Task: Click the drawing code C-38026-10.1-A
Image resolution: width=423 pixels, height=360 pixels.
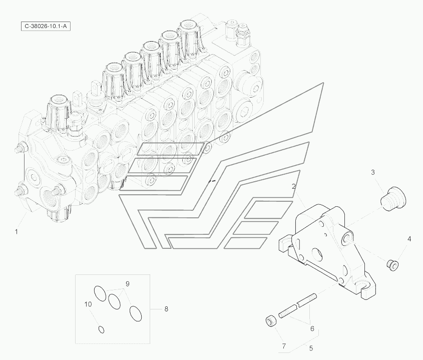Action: tap(44, 26)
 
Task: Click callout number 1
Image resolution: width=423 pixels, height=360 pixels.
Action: tap(17, 232)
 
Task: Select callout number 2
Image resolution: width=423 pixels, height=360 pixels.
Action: tap(294, 186)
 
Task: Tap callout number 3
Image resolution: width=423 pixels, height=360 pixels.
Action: tap(373, 173)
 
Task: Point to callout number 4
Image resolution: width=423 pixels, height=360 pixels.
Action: tap(408, 239)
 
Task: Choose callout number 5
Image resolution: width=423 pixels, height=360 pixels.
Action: tap(311, 348)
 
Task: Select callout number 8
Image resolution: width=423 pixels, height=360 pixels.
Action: tap(166, 309)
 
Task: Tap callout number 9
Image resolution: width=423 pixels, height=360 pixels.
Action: tap(128, 284)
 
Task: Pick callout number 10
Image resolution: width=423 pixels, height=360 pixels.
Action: tap(88, 304)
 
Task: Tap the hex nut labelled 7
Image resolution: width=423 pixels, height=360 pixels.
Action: tap(271, 320)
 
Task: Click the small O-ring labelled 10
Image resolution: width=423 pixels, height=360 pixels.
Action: tap(101, 329)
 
